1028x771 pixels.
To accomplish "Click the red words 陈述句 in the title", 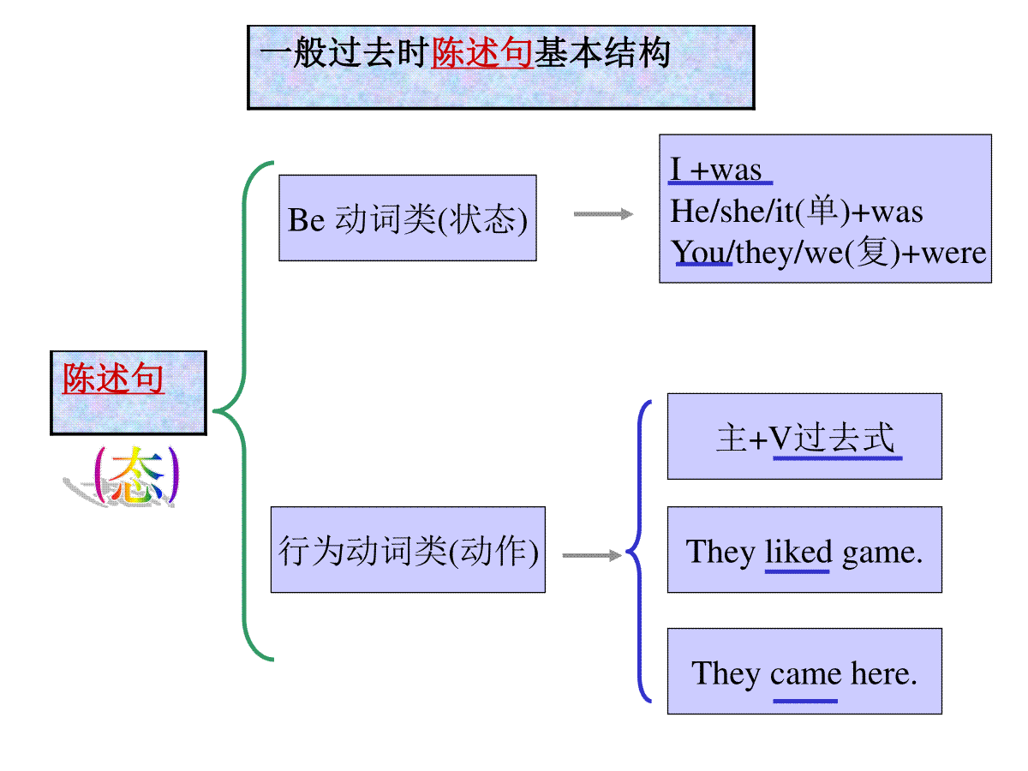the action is (x=481, y=52).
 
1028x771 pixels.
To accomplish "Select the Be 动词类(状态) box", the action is (x=408, y=218).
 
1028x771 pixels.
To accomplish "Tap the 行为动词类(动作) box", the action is (x=408, y=549).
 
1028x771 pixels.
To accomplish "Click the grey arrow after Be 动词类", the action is (x=603, y=214).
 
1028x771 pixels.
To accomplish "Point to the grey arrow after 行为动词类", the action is (x=592, y=556).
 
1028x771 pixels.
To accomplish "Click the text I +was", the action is (x=716, y=169).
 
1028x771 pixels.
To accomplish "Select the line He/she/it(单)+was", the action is (x=796, y=211).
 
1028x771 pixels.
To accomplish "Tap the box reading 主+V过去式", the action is (x=804, y=436).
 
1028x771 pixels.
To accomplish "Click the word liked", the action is (x=798, y=552).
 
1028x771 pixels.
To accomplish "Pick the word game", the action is (x=882, y=553).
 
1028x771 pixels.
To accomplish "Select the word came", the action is (x=805, y=674).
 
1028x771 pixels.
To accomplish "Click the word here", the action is (x=884, y=673).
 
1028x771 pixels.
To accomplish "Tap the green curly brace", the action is (x=244, y=411).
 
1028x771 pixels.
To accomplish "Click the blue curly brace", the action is (x=640, y=552).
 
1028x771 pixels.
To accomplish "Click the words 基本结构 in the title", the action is (x=602, y=52).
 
